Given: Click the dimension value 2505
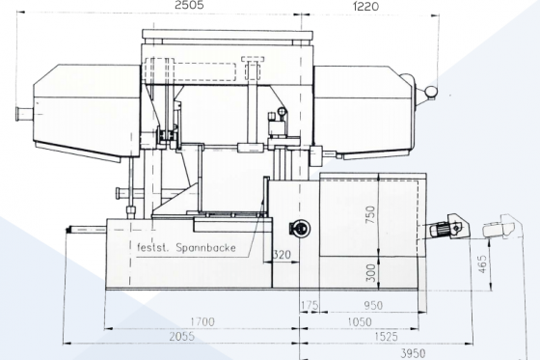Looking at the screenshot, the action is (189, 5).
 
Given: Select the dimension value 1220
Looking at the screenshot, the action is (365, 6).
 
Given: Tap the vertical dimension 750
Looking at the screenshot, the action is (370, 214).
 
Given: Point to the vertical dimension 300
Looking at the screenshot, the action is (370, 273).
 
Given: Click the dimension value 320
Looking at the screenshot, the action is (282, 255).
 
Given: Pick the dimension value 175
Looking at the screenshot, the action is (310, 305).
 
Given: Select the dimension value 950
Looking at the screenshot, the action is (373, 305).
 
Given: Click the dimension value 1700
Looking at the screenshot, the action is (202, 321).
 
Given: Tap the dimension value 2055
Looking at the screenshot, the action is (181, 336).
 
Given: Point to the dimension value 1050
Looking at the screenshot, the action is (360, 322).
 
